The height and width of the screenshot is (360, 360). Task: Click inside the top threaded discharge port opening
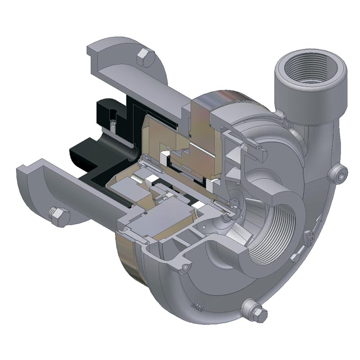click(x=311, y=72)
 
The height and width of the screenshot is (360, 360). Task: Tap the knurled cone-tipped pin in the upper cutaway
click(x=245, y=147)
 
